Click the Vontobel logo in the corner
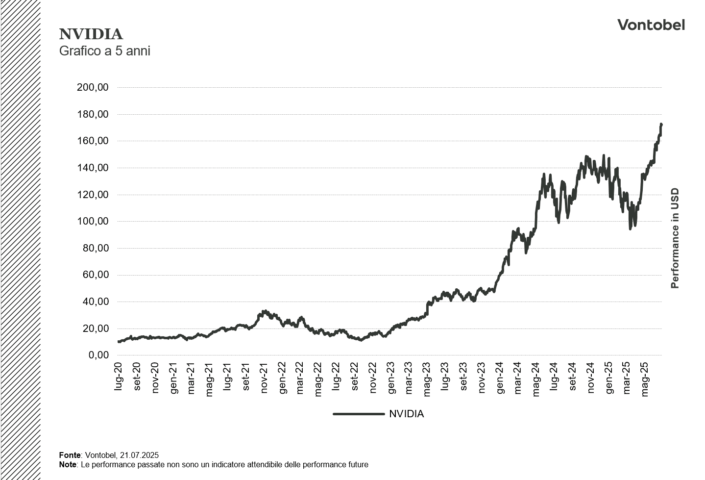click(x=651, y=25)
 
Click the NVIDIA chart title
click(x=91, y=34)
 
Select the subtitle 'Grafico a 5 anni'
click(x=104, y=51)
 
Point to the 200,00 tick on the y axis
click(x=93, y=87)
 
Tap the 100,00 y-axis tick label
click(x=93, y=221)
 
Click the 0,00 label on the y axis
click(x=98, y=355)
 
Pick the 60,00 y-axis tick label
click(x=96, y=275)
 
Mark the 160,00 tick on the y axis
click(x=93, y=141)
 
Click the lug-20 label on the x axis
click(x=119, y=377)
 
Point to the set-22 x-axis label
click(x=355, y=377)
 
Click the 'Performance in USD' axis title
click(x=675, y=238)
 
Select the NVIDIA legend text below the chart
click(x=406, y=414)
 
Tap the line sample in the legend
click(x=359, y=414)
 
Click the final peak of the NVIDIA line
click(x=661, y=125)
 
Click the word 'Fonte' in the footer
click(x=69, y=455)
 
